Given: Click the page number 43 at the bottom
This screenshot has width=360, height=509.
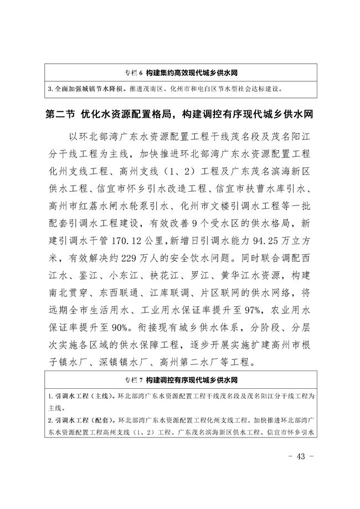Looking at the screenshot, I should [301, 456].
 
